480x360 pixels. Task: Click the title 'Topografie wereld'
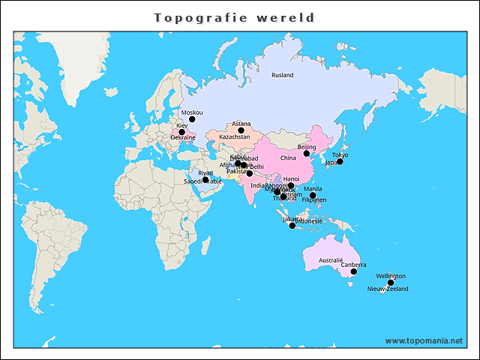(x=234, y=17)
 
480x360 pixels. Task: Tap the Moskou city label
(x=192, y=112)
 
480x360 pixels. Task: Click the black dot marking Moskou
(x=192, y=119)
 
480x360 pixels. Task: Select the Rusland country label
(x=283, y=75)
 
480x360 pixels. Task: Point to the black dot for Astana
(x=241, y=130)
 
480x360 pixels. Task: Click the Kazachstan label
(x=235, y=137)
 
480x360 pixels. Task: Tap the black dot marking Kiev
(x=181, y=132)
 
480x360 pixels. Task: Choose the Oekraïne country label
(x=183, y=138)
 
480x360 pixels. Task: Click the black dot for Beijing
(x=306, y=154)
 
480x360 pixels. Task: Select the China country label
(x=288, y=158)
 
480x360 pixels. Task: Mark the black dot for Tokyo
(x=340, y=162)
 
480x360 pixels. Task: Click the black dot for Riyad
(x=205, y=180)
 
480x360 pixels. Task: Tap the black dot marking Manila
(x=313, y=195)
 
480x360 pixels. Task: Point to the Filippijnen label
(x=314, y=200)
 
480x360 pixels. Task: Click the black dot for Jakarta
(x=292, y=226)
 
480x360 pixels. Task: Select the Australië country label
(x=331, y=259)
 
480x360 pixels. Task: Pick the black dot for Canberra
(x=353, y=271)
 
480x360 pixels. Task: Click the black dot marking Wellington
(x=391, y=283)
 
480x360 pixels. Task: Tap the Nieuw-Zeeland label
(x=388, y=289)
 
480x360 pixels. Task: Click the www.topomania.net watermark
(x=424, y=340)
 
